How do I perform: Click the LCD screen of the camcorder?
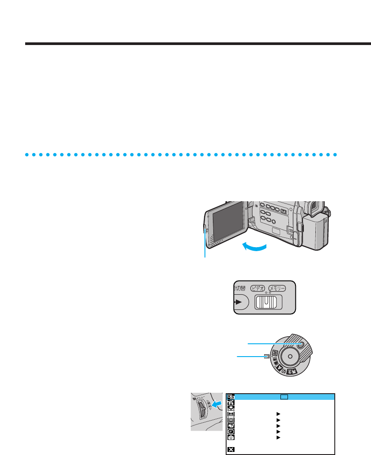click(x=228, y=219)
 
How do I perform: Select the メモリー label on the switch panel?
click(x=277, y=288)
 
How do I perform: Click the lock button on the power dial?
click(x=303, y=345)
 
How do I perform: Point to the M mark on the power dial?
click(x=274, y=353)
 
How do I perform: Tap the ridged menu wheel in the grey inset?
click(x=201, y=412)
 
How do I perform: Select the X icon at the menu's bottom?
click(x=231, y=449)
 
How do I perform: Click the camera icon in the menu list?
click(x=231, y=437)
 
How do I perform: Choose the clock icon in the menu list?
click(x=231, y=431)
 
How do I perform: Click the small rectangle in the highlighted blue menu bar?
click(x=284, y=397)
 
